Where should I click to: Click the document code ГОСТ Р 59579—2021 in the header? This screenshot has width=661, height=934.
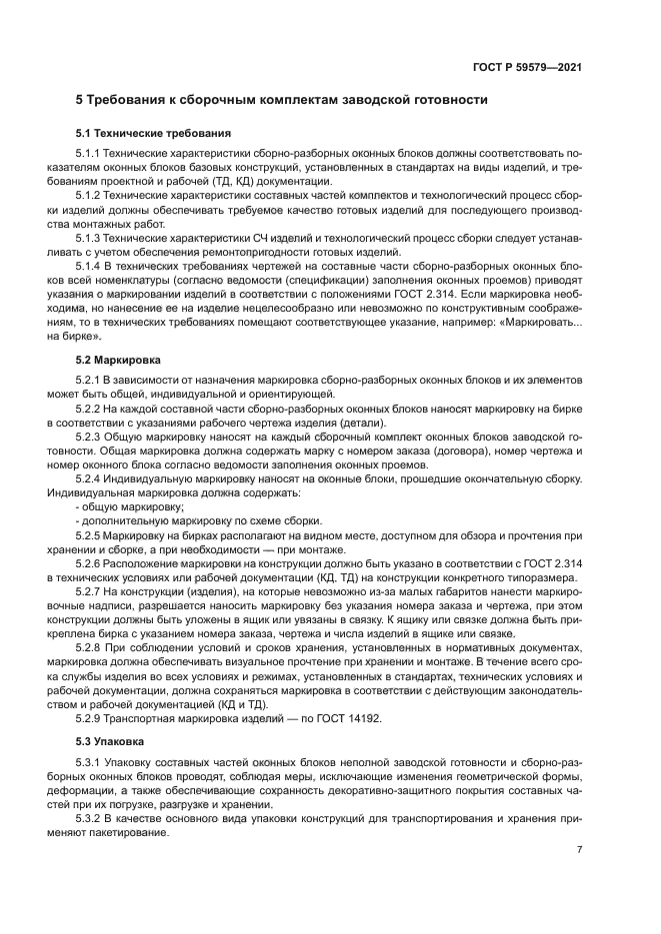528,67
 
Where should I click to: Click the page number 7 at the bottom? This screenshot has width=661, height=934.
579,849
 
